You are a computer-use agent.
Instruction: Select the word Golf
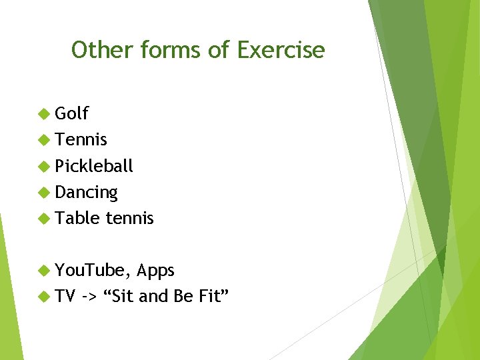click(x=71, y=114)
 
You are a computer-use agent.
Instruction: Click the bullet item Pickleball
click(x=94, y=166)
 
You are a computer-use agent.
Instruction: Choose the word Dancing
click(x=86, y=193)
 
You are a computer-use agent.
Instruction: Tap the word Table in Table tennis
click(x=77, y=218)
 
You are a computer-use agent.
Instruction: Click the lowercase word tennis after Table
click(x=129, y=218)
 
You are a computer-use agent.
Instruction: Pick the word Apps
click(x=155, y=271)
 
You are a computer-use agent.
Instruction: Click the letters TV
click(x=65, y=296)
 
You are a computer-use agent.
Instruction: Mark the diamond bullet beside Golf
click(x=45, y=114)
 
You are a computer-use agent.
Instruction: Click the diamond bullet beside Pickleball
click(x=45, y=166)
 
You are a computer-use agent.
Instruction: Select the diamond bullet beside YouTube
click(x=45, y=270)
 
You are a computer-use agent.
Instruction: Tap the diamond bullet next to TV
click(x=45, y=296)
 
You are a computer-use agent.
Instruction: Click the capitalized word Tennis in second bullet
click(x=81, y=140)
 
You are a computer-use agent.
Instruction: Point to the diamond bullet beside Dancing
click(x=45, y=193)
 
